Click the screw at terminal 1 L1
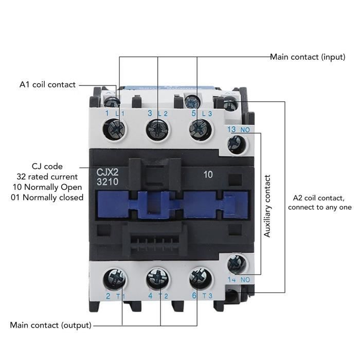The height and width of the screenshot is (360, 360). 116,128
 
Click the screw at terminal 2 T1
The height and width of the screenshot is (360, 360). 114,280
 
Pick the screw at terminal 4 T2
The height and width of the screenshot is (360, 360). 156,279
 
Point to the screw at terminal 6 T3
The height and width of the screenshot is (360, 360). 199,278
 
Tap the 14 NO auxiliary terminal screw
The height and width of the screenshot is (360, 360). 236,264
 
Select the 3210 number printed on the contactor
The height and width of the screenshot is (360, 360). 107,182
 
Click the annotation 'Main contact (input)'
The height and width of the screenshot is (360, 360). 308,57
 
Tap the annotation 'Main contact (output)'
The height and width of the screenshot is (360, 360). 51,325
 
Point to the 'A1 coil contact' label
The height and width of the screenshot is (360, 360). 47,84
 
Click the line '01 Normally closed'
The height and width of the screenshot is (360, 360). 47,197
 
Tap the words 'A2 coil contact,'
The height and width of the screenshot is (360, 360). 319,198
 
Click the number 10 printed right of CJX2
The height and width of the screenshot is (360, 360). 208,174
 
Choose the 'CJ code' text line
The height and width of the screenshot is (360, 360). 47,166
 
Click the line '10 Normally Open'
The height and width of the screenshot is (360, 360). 47,187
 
